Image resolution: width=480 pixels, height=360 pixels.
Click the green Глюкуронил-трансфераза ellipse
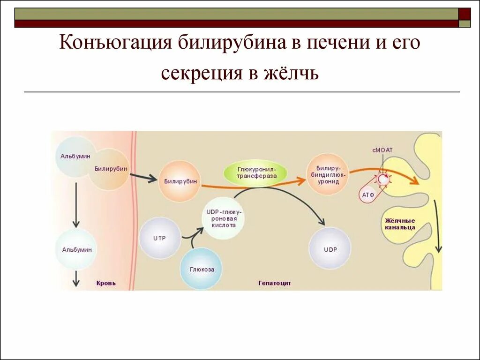pos(256,172)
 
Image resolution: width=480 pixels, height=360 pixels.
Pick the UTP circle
pos(160,238)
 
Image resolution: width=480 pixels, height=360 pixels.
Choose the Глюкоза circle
pos(201,269)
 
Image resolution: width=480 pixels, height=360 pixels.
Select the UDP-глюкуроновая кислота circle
pos(225,218)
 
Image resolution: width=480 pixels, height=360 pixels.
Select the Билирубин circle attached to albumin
pos(110,169)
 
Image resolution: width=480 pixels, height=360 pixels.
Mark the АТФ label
pos(368,194)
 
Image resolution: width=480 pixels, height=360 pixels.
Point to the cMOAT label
pos(382,150)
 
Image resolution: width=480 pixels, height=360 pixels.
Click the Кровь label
pos(106,283)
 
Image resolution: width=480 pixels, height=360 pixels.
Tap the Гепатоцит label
pos(274,283)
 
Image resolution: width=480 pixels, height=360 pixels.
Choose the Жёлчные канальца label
pos(400,224)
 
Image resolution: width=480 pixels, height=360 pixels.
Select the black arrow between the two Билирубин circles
pos(143,177)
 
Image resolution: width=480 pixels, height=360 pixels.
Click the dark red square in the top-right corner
pos(465,14)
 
